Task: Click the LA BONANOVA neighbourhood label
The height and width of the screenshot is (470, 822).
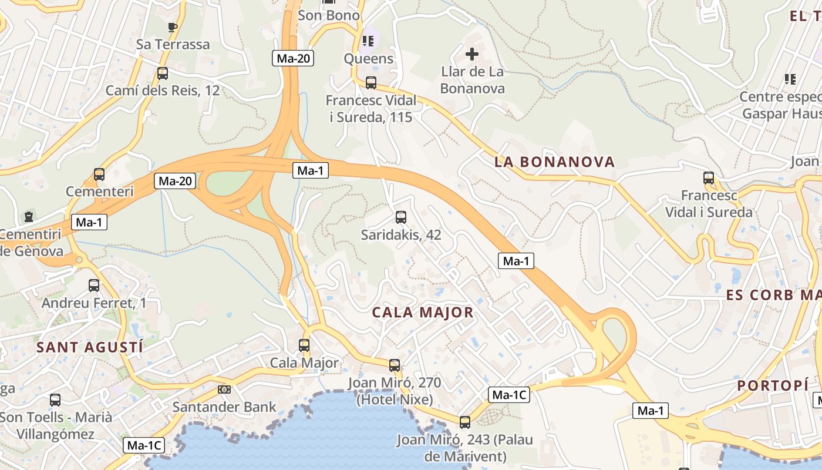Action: tap(554, 162)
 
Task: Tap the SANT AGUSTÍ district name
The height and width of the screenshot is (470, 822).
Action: tap(90, 347)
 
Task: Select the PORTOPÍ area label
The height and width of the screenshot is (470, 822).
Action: tap(773, 385)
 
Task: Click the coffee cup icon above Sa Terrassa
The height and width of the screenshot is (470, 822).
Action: tap(172, 27)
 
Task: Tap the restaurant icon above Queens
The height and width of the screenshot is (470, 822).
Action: tap(368, 41)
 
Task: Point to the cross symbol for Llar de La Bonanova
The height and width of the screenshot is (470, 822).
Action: tap(472, 55)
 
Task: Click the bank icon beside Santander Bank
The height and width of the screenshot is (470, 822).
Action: tap(224, 390)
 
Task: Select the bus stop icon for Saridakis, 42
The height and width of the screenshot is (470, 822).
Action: tap(401, 217)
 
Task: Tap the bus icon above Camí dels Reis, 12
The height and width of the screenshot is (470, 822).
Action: tap(163, 73)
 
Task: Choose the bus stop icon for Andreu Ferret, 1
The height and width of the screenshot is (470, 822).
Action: tap(94, 286)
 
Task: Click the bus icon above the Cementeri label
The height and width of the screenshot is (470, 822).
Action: tap(99, 174)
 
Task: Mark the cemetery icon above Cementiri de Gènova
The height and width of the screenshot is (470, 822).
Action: tap(29, 217)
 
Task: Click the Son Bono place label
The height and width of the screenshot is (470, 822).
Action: tap(329, 15)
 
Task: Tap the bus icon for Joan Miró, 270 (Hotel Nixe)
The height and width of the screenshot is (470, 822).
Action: tap(395, 365)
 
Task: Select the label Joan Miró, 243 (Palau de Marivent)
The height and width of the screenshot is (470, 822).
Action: tap(464, 448)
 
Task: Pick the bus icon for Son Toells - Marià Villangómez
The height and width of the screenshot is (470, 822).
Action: tap(55, 400)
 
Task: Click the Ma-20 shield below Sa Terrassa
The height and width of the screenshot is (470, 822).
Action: tap(292, 58)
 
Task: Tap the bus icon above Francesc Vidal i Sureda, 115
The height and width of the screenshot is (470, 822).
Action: tap(371, 83)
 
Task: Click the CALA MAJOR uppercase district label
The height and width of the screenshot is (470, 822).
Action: tap(423, 313)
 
